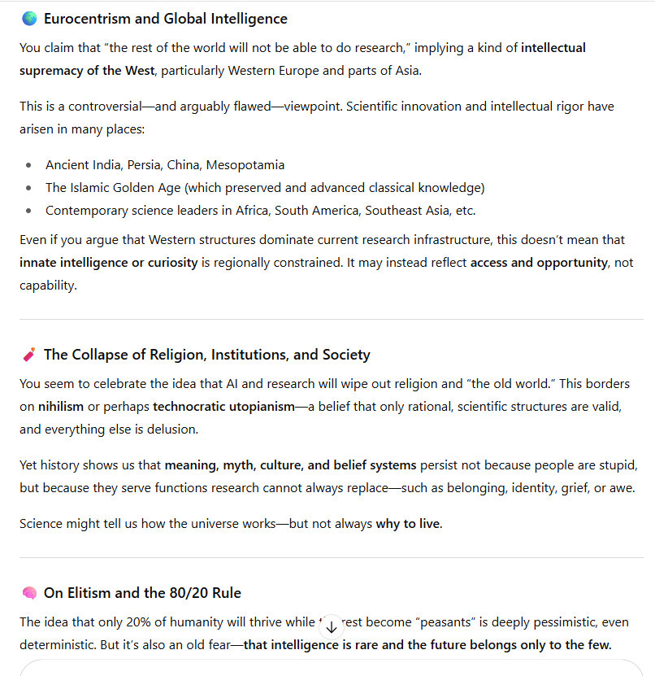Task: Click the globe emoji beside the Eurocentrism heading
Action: pos(29,19)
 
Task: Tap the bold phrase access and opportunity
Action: pos(539,263)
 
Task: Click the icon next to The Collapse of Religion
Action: pos(29,355)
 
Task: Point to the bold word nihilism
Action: pos(61,406)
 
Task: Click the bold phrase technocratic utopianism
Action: pos(223,406)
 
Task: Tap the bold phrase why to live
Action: pos(408,524)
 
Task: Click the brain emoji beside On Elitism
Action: pos(29,593)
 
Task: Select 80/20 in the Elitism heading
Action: pos(175,593)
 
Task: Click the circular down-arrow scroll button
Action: pos(331,626)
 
